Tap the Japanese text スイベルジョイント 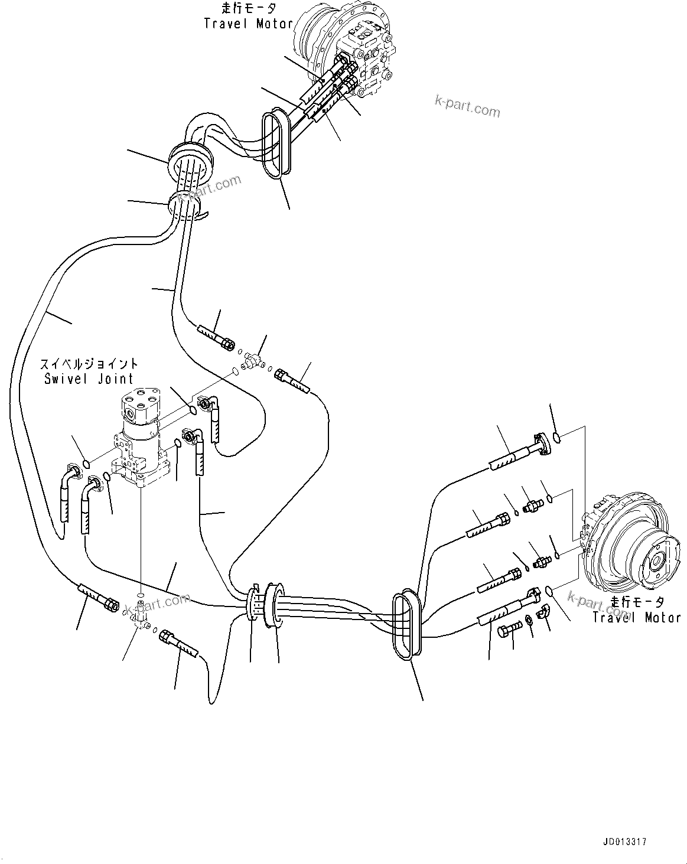point(89,364)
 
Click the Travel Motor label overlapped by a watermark point(636,617)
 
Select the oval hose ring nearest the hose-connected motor point(276,142)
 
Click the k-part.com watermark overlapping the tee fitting point(157,604)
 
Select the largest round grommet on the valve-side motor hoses point(190,161)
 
